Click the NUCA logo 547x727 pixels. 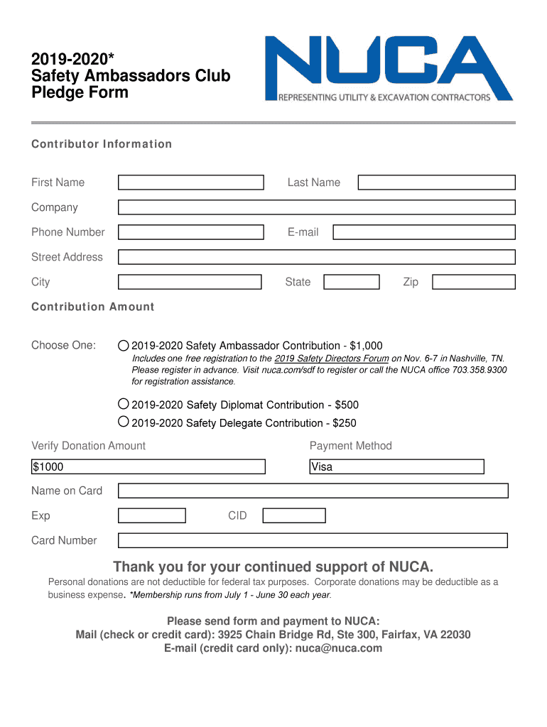pos(389,69)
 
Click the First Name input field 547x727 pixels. pos(190,182)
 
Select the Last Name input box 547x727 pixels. pos(436,182)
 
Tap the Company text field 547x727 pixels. pos(316,207)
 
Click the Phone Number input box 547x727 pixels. pos(190,232)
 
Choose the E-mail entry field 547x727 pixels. pos(424,232)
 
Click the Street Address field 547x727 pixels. pos(316,257)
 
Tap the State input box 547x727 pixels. pos(351,282)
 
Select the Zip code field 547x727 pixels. pos(473,282)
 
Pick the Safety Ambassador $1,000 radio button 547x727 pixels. pos(124,346)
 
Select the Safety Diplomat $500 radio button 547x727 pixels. pos(124,404)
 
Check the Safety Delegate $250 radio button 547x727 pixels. pos(124,422)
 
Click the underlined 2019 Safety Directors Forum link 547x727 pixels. pos(332,359)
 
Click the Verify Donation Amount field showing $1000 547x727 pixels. pos(148,466)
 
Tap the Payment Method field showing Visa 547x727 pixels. pos(396,466)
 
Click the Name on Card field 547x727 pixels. pos(313,491)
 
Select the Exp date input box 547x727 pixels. pos(151,515)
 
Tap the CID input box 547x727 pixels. pos(293,515)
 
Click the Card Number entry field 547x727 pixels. pos(313,540)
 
